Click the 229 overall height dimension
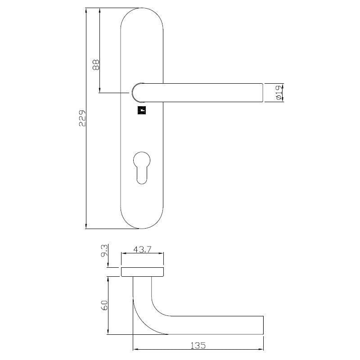pyautogui.click(x=82, y=118)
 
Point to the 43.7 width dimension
pyautogui.click(x=142, y=250)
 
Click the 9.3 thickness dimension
pyautogui.click(x=104, y=251)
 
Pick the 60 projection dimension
pyautogui.click(x=104, y=306)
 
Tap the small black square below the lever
pyautogui.click(x=141, y=110)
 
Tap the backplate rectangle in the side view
pyautogui.click(x=142, y=271)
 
